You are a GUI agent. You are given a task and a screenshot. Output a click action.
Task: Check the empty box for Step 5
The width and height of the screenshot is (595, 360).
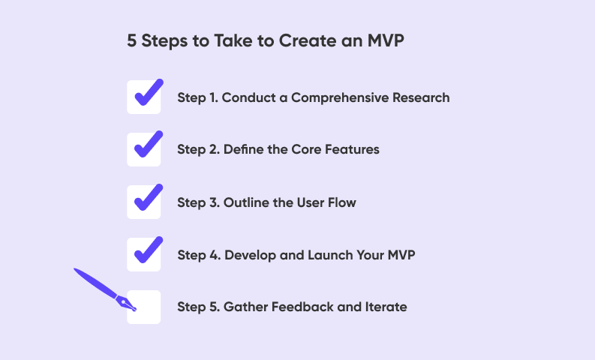click(144, 307)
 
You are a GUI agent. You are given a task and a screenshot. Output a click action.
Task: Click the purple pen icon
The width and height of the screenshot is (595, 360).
click(105, 289)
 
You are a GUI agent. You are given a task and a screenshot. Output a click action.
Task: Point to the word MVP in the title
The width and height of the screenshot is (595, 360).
click(386, 40)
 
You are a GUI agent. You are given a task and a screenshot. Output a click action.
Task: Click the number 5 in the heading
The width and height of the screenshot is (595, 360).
click(131, 40)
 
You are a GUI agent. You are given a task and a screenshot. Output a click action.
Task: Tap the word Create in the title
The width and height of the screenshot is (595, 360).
click(308, 40)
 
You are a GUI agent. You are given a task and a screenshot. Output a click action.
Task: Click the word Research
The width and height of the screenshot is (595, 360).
click(421, 97)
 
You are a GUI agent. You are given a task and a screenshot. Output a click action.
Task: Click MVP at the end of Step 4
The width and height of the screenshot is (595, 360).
click(401, 255)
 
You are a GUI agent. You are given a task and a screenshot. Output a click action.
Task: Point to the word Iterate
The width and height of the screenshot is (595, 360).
click(386, 307)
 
